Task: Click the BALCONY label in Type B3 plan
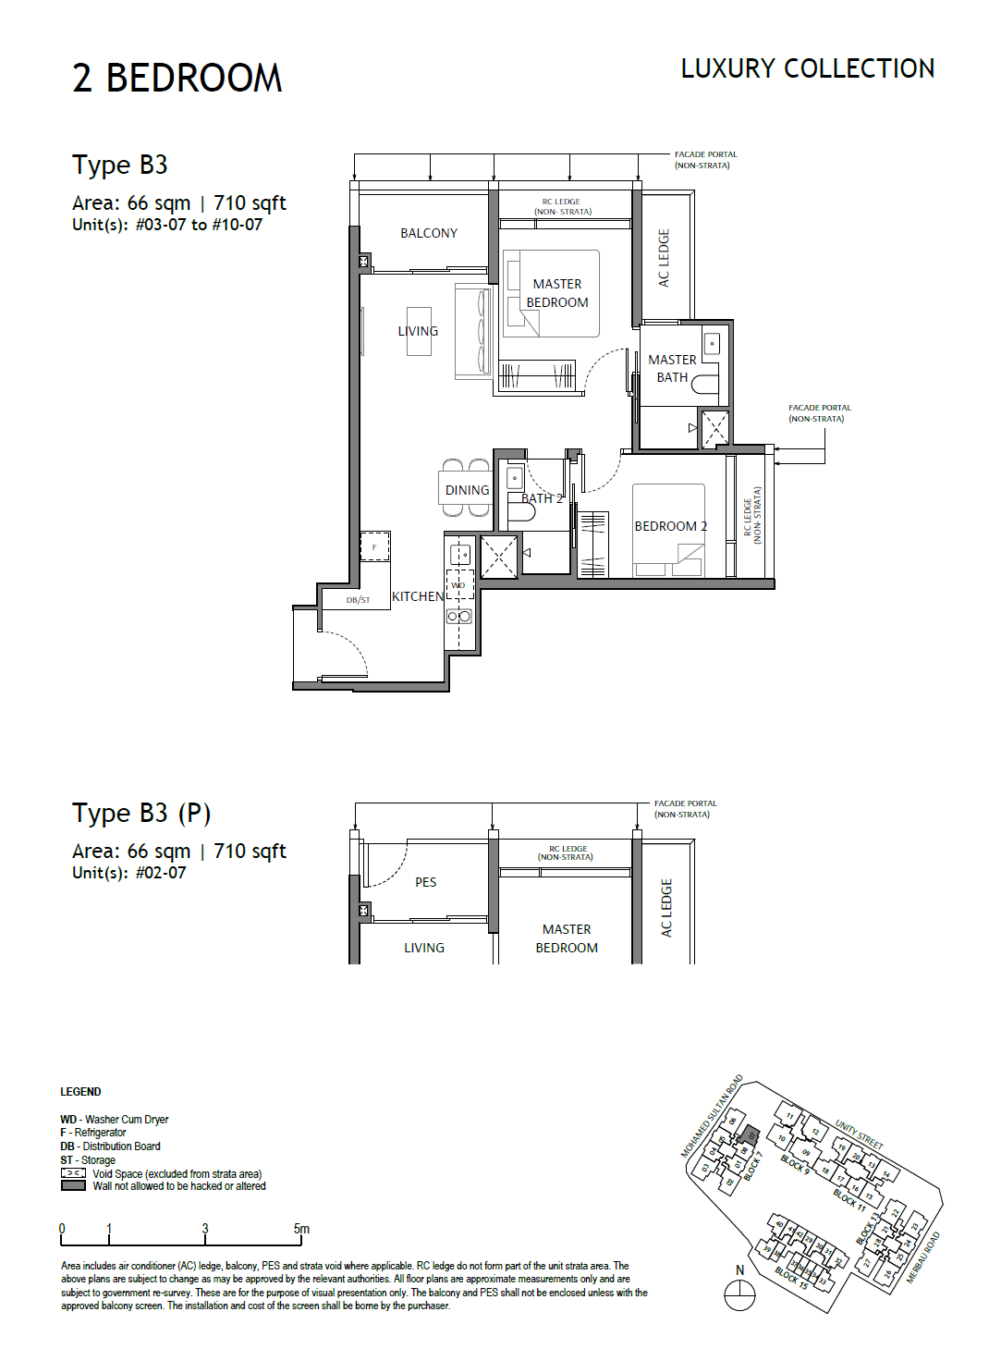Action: [x=428, y=233]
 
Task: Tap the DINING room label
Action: [x=467, y=490]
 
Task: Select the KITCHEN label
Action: [x=418, y=596]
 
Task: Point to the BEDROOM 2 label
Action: [x=670, y=526]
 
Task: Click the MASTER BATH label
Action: [x=672, y=368]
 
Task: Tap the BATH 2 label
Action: [x=542, y=498]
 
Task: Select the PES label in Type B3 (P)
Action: [x=425, y=882]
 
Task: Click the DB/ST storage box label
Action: [x=358, y=600]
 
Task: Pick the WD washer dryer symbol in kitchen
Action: [x=459, y=585]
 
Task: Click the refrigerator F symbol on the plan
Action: [x=374, y=546]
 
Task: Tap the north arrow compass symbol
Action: [x=739, y=1294]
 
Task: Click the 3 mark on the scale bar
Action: [x=205, y=1229]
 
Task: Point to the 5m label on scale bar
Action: [x=301, y=1229]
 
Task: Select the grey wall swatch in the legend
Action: [x=73, y=1186]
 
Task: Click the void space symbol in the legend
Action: [x=73, y=1173]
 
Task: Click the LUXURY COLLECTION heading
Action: [x=807, y=68]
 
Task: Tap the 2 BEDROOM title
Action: [x=177, y=79]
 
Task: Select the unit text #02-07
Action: [x=161, y=873]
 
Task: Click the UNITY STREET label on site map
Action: [x=859, y=1134]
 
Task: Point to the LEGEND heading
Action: [x=80, y=1092]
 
